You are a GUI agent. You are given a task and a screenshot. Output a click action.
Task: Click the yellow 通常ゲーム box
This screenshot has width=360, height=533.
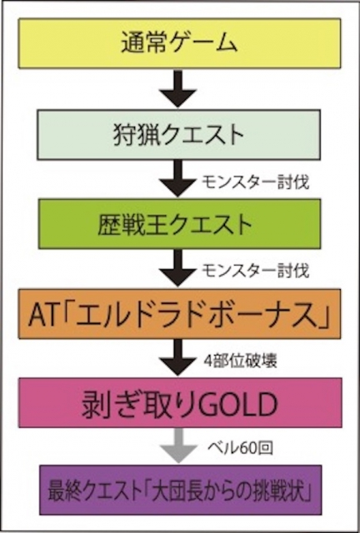point(179,43)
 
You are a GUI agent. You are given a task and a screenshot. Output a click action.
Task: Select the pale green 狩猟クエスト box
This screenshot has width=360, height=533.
point(178,135)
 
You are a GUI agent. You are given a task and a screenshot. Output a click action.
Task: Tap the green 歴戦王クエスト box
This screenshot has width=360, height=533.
point(179,224)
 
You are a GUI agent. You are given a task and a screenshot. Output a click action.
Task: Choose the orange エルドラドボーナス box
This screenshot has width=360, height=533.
point(180,314)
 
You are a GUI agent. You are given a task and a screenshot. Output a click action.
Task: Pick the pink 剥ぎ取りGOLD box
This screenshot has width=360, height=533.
point(180,403)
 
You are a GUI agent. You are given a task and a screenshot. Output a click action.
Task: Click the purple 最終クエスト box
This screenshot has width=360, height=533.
point(180,490)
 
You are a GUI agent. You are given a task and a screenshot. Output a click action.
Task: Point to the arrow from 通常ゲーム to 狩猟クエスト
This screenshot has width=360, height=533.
point(178,89)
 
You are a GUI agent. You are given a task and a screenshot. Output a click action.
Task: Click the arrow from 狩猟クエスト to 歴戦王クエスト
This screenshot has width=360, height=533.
point(178,178)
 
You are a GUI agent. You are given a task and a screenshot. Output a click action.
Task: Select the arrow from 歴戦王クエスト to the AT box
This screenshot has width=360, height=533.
point(178,268)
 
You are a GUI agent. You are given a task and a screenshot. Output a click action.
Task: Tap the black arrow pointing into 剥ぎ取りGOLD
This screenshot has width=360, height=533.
point(178,357)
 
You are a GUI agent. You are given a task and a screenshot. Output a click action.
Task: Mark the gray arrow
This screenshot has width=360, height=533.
point(178,446)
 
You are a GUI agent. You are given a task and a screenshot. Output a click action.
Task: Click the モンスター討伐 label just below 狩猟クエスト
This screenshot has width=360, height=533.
point(255,182)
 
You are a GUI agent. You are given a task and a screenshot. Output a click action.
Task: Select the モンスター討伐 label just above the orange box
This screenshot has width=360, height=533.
point(255,271)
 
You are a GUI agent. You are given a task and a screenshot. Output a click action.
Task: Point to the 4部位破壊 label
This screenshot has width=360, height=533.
point(241,361)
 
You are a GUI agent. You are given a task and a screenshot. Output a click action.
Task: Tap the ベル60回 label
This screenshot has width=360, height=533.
point(240,448)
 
